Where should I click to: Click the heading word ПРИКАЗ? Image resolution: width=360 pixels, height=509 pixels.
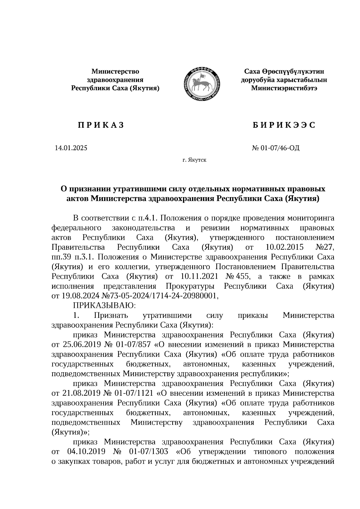click(101, 125)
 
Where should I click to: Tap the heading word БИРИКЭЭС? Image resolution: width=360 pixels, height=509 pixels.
click(284, 125)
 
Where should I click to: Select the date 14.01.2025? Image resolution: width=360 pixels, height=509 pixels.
click(71, 148)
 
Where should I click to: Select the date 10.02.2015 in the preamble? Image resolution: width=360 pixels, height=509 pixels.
click(285, 247)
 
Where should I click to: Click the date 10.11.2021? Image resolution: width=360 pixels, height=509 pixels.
click(200, 276)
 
